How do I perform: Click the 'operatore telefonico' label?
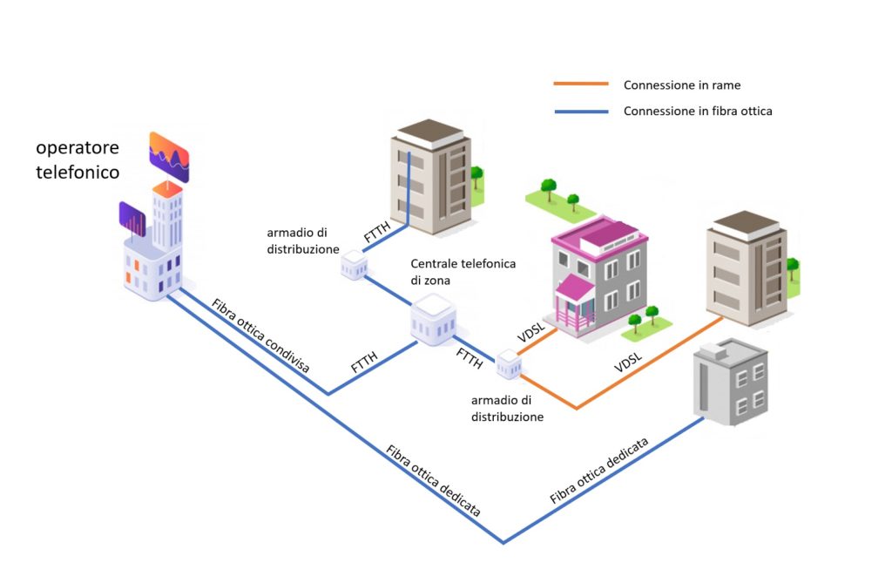(x=78, y=159)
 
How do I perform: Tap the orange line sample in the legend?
(x=580, y=85)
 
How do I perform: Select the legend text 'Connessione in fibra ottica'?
(x=698, y=112)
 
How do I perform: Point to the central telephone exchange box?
(x=433, y=318)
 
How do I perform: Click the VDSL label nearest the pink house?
(x=531, y=335)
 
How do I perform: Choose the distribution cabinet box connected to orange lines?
(x=509, y=363)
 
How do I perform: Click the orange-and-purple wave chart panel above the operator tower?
(x=169, y=156)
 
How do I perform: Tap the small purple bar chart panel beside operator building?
(x=132, y=220)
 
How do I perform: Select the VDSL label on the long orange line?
(x=628, y=363)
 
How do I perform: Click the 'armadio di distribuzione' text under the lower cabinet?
(x=508, y=409)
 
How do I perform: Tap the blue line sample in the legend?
(x=580, y=112)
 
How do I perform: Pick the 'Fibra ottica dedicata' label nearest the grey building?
(x=599, y=471)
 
